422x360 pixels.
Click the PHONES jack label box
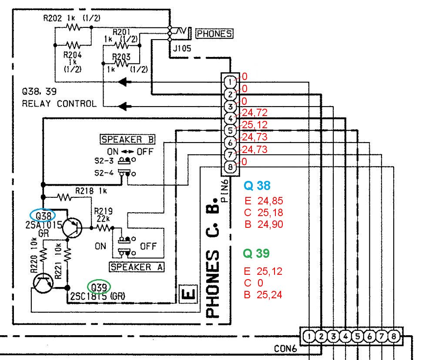coord(214,33)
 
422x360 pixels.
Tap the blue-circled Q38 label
coord(43,216)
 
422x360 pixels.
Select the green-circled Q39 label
coord(99,287)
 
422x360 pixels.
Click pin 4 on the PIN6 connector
coord(230,118)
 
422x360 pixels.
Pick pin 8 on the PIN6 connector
coord(230,167)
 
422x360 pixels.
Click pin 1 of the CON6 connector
coord(309,336)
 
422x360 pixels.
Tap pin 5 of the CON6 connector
coord(358,336)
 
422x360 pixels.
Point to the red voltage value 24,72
coord(255,113)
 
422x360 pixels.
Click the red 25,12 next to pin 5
coord(255,125)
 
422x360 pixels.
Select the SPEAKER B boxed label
coord(127,140)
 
